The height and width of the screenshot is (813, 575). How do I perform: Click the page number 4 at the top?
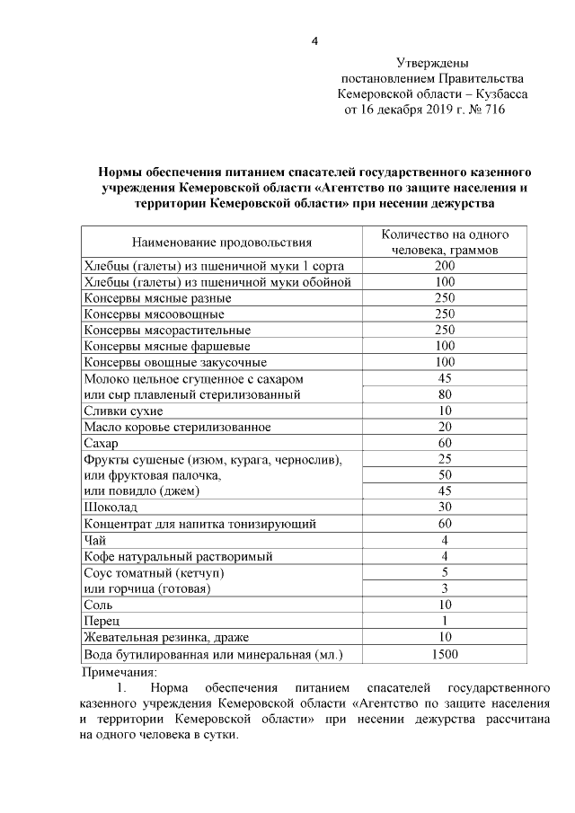[314, 40]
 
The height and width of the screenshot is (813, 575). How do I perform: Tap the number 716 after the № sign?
[494, 110]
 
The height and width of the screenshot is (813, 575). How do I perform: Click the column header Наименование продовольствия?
[222, 242]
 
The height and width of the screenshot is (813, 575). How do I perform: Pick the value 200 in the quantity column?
[445, 266]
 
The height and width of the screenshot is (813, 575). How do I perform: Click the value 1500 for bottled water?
[445, 654]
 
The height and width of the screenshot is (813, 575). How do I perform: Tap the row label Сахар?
[101, 444]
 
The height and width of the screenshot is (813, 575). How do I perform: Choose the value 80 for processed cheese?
[445, 394]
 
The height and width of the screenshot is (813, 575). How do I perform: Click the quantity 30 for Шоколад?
[445, 508]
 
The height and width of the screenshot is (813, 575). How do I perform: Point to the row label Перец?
[102, 621]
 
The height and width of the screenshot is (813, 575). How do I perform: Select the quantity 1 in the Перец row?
[445, 621]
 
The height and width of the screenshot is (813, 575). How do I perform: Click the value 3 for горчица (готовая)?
[445, 588]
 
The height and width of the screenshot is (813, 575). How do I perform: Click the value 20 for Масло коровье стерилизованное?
[445, 427]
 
